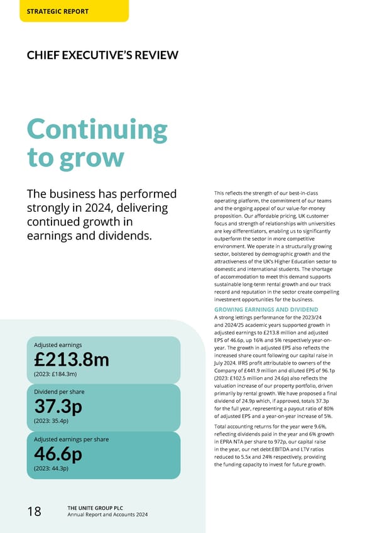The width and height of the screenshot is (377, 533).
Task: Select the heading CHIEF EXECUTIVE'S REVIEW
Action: coord(102,55)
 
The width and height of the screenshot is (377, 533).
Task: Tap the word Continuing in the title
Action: coord(97,129)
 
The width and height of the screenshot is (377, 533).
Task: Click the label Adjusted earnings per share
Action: coord(71,439)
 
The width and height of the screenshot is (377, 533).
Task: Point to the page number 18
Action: coord(34,512)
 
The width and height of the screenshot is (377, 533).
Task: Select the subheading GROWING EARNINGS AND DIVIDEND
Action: coord(266,310)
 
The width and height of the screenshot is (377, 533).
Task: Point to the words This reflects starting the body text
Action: coord(230,193)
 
